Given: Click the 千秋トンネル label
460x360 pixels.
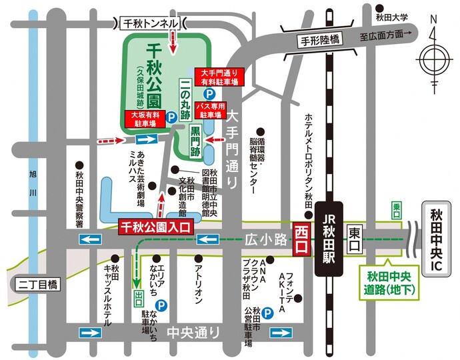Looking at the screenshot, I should click(151, 23).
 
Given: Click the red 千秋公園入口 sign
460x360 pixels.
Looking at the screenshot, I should click(155, 227).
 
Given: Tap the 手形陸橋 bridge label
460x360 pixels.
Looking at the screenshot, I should click(317, 40).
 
